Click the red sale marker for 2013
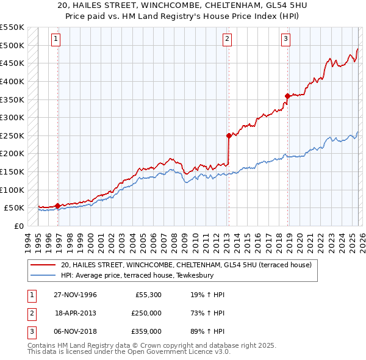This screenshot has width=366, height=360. coord(229,135)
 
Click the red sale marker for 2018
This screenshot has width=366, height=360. coord(287,95)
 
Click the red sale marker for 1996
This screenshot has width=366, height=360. coord(57,206)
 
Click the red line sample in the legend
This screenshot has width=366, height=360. coord(43,265)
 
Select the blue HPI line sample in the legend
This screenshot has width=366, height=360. coord(43,275)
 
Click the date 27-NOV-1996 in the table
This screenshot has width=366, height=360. coord(76,295)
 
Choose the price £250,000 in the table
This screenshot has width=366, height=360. coord(146,313)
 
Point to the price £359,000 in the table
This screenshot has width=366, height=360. coord(146,331)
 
